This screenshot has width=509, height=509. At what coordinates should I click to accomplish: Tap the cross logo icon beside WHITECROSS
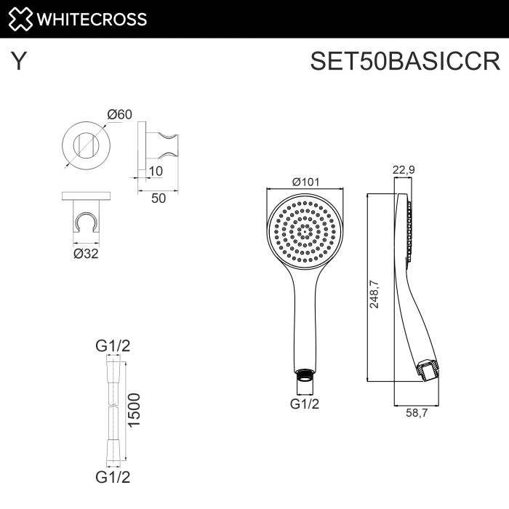pos(20,19)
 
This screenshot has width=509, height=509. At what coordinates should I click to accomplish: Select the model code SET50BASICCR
pos(405,62)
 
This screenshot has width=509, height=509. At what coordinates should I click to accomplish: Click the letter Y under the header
pos(19,62)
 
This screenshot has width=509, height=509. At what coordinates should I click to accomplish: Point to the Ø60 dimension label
pos(119,114)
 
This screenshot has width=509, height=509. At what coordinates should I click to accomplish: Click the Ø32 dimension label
pos(86,253)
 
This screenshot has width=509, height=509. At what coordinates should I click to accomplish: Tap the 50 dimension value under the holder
pos(159,197)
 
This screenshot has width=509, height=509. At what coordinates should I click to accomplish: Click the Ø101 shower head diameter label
pos(306,182)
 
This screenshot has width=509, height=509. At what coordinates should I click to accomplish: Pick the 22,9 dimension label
pos(404,170)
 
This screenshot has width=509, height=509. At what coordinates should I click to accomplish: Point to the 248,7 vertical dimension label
pos(375,294)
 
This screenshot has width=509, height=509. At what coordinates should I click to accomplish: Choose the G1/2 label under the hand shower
pos(305,404)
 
